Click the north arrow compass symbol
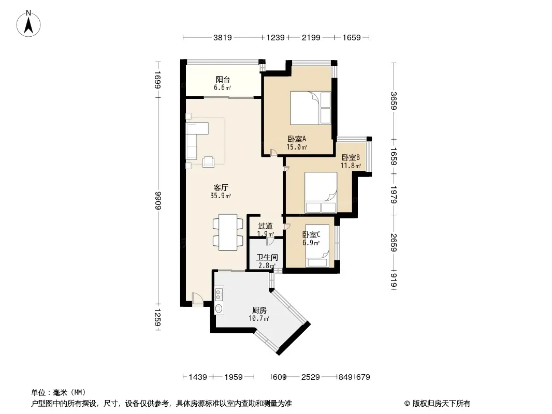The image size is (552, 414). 28,24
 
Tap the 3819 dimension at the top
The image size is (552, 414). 223,37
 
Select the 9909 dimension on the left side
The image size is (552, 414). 157,200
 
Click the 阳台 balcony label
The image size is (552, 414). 223,80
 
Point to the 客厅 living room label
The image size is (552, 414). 221,187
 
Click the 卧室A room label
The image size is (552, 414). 297,139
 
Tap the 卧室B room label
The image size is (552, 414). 351,157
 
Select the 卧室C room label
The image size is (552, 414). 311,234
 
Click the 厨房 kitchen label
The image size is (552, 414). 259,310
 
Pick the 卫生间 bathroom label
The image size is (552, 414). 267,258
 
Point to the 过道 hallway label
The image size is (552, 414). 265,226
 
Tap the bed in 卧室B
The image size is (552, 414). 321,193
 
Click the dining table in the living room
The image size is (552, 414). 228,232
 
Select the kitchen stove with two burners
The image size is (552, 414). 219,295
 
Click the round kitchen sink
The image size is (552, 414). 219,309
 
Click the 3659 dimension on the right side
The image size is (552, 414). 394,100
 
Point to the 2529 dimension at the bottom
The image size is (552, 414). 311,377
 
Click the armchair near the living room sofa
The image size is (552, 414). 208,161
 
